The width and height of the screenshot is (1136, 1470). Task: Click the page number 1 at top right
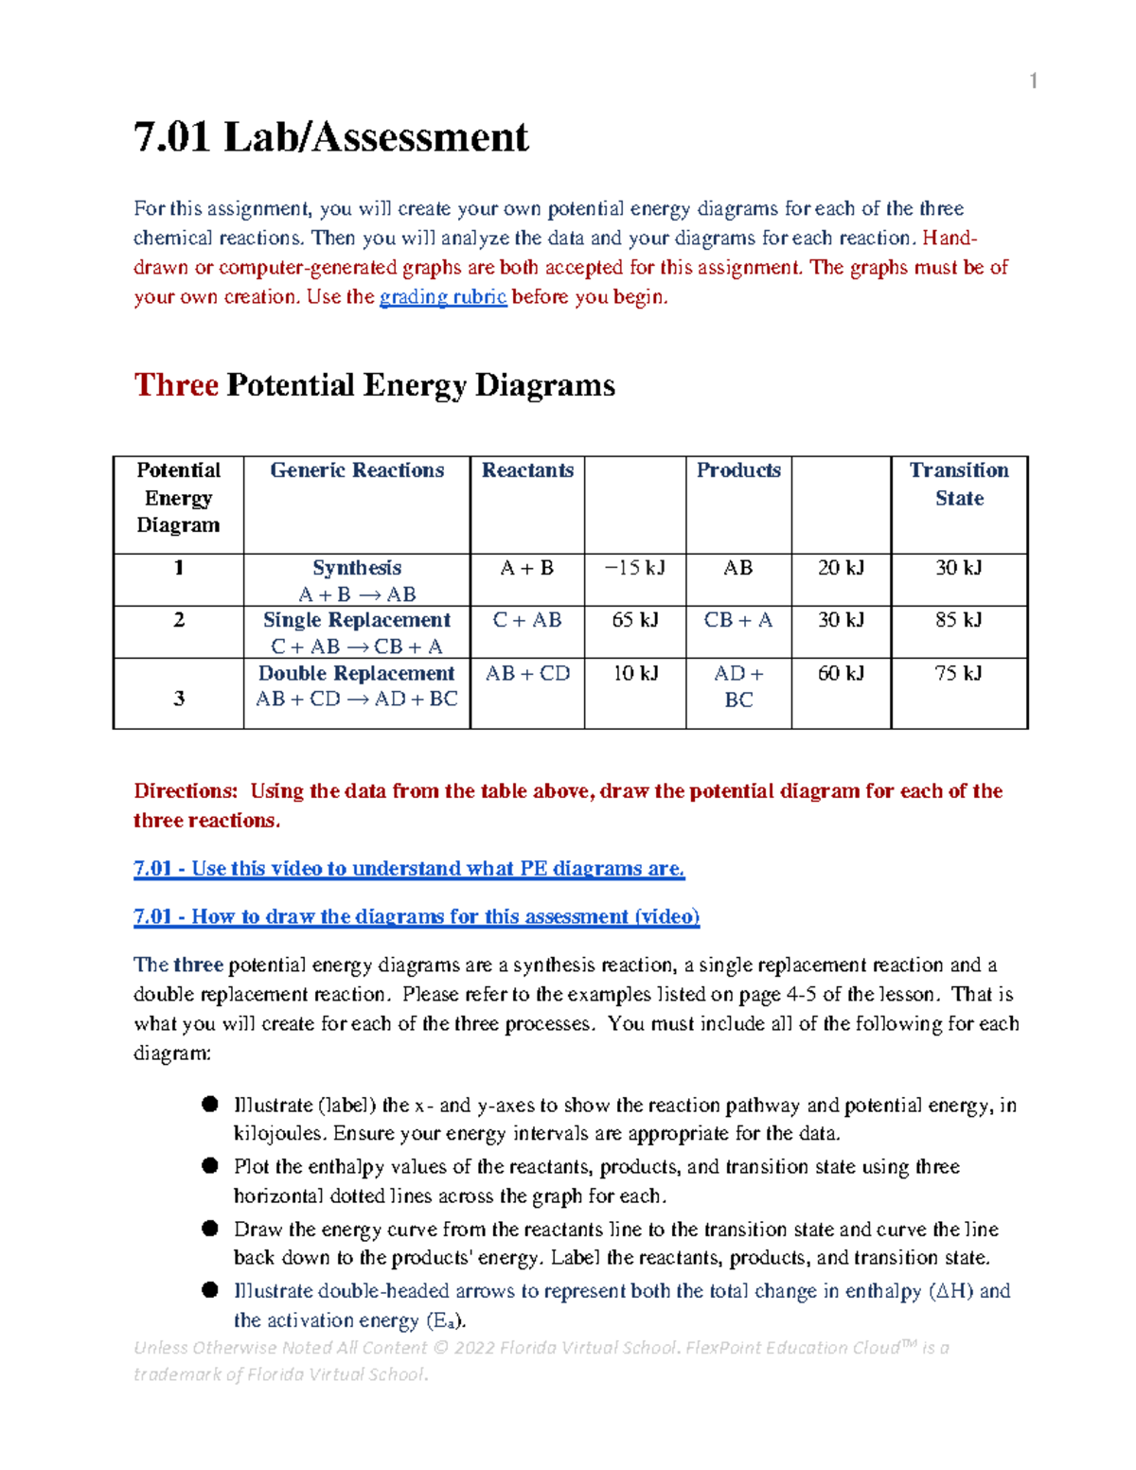coord(1033,81)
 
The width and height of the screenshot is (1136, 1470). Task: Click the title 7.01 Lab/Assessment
coord(330,137)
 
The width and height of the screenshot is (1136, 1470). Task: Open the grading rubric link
coord(442,297)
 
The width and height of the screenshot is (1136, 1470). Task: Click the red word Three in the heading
coord(176,385)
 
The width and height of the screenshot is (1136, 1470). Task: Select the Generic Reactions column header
coord(357,470)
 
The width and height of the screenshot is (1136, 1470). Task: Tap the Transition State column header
coord(958,484)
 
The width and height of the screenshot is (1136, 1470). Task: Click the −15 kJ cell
coord(634,568)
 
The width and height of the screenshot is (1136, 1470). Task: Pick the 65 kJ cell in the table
coord(634,620)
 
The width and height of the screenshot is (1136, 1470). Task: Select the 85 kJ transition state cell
coord(958,620)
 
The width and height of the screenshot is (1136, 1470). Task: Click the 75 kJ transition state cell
coord(958,673)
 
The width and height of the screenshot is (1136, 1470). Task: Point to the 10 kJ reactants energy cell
coord(634,673)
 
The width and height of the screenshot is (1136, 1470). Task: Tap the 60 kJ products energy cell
coord(841,673)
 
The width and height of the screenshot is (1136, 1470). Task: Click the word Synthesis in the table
coord(357,568)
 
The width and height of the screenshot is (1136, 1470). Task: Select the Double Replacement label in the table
coord(357,673)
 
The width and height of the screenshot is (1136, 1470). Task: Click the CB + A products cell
coord(737,620)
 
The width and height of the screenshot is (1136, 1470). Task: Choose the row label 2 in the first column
coord(178,620)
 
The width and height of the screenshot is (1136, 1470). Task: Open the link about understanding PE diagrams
coord(409,869)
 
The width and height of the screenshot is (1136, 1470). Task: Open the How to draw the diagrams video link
coord(417,916)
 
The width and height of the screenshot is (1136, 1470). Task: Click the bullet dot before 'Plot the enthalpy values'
coord(210,1166)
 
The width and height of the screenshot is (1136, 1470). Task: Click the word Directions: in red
coord(186,791)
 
